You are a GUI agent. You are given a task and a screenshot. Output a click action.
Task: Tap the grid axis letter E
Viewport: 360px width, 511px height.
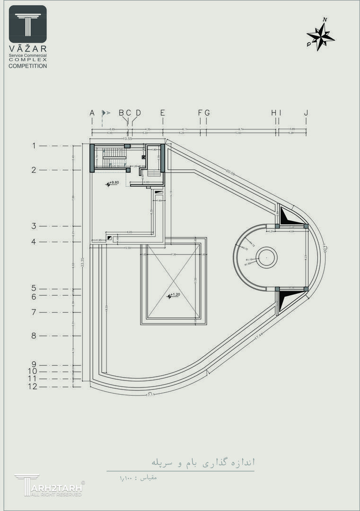[162, 113]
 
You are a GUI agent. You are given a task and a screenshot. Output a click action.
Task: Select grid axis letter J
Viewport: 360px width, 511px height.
[306, 113]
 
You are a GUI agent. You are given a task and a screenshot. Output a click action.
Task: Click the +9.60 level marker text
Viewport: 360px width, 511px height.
[114, 182]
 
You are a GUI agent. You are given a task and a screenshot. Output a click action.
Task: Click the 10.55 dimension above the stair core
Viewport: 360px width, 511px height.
[127, 139]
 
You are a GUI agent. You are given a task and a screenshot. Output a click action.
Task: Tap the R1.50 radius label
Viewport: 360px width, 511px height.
[247, 264]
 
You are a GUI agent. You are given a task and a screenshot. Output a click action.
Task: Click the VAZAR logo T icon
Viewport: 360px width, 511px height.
[28, 24]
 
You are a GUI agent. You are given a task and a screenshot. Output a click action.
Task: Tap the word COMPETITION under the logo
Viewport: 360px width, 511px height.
[28, 66]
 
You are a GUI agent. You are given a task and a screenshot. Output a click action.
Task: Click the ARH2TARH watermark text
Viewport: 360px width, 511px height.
[56, 487]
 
